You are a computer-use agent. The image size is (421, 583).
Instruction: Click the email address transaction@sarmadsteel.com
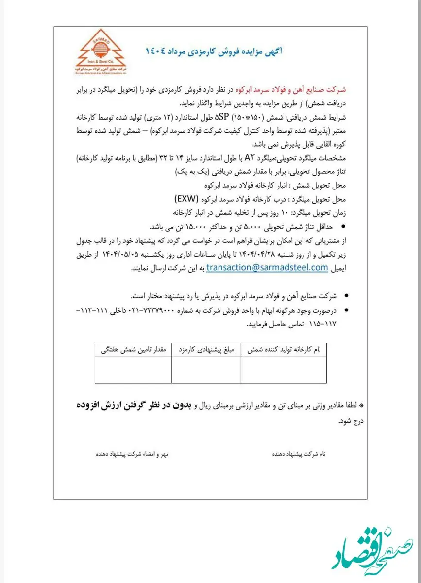point(267,267)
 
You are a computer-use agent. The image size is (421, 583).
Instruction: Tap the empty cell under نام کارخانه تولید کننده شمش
point(283,370)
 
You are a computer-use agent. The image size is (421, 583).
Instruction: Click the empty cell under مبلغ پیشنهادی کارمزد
point(206,370)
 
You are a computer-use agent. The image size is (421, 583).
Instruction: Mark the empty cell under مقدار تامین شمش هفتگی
point(133,370)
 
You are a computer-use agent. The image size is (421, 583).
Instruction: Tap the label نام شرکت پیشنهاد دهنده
point(299,453)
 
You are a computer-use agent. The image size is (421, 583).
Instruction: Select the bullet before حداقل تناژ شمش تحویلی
point(344,227)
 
